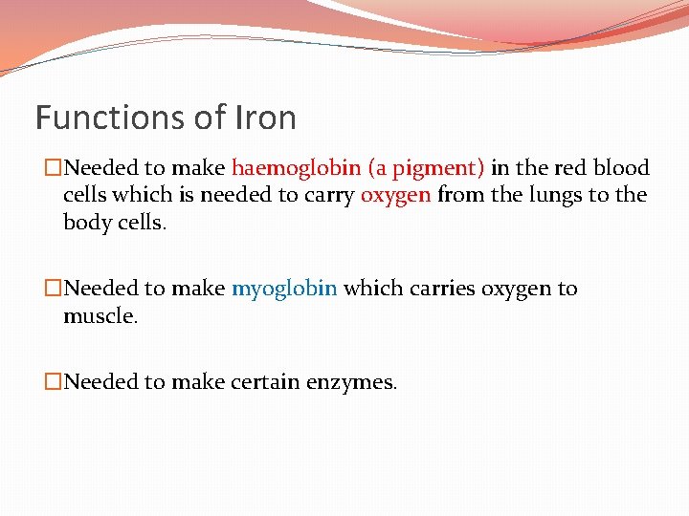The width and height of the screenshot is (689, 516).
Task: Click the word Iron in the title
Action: (265, 118)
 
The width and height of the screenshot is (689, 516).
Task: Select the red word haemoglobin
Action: (296, 169)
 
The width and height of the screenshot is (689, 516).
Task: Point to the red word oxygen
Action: (395, 196)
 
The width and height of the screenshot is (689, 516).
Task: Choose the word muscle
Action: (100, 315)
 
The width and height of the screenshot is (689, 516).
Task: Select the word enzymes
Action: (351, 383)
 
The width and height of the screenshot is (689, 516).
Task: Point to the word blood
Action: (620, 168)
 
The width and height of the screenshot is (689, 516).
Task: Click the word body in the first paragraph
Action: (83, 223)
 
